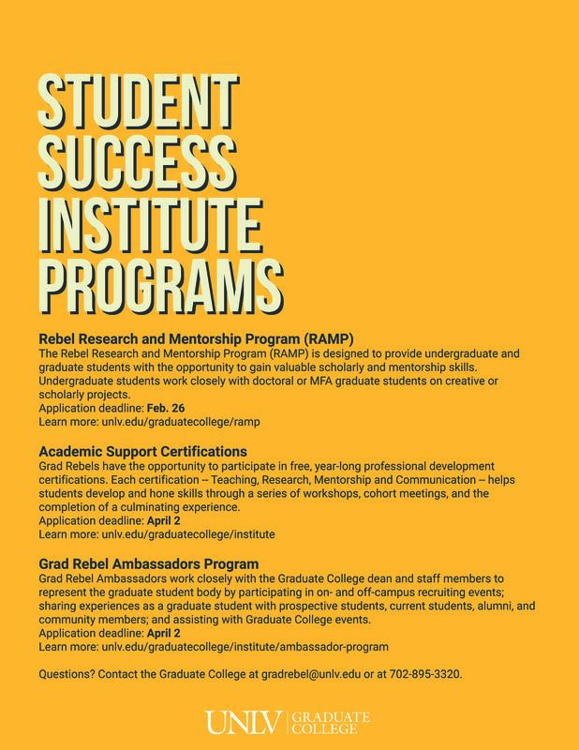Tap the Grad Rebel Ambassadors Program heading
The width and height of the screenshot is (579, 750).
tap(148, 565)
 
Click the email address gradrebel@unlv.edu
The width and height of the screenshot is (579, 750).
tap(309, 675)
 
